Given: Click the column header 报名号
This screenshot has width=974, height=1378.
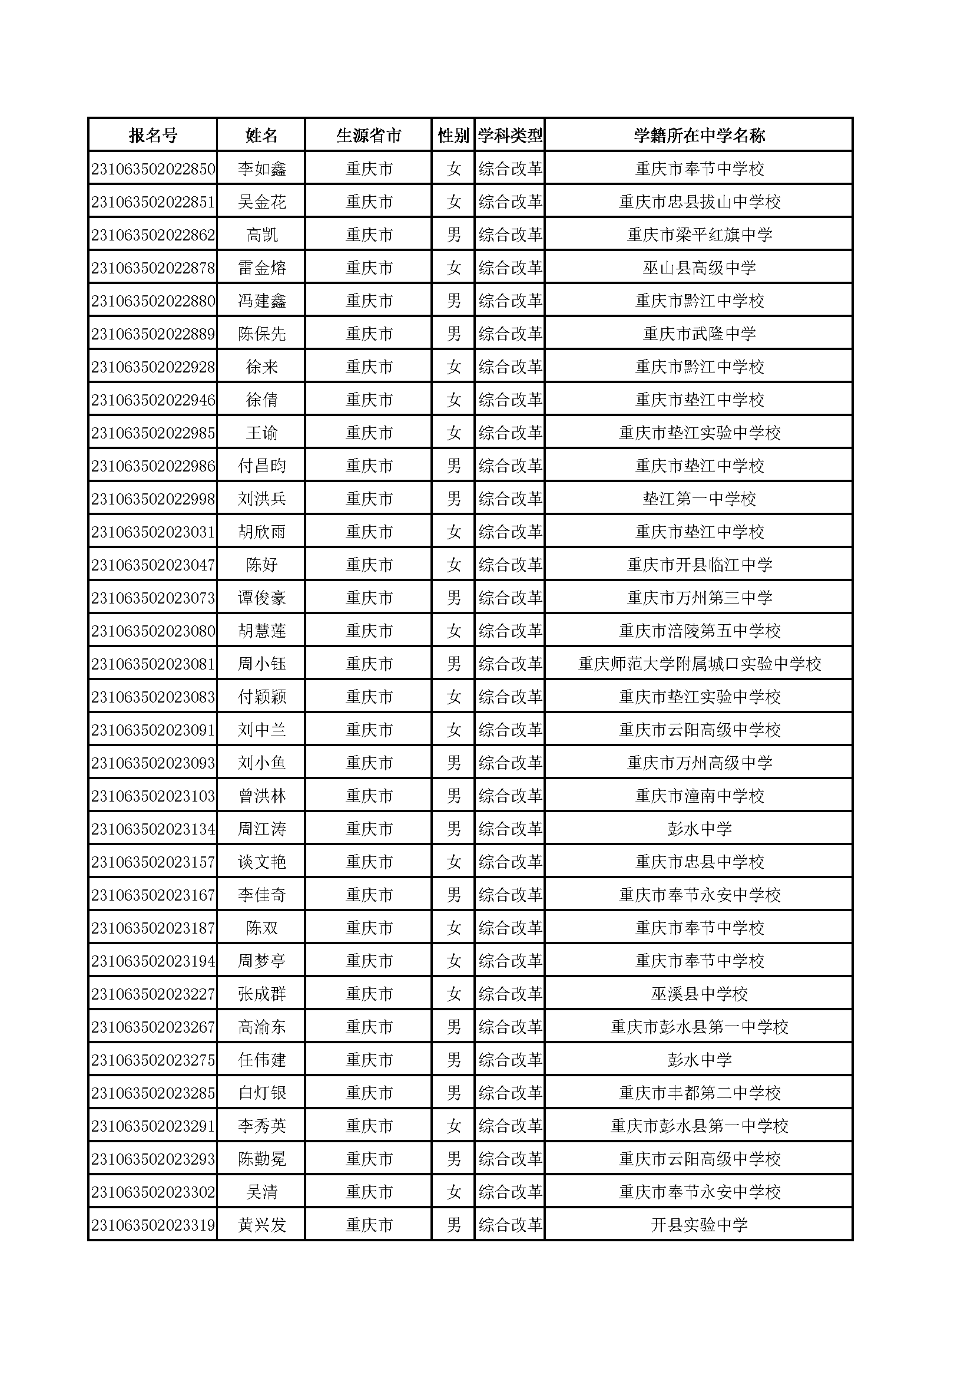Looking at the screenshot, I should click(153, 135).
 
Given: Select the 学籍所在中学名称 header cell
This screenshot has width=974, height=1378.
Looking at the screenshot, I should click(699, 135).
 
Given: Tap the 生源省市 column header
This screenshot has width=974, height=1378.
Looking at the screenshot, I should click(368, 135).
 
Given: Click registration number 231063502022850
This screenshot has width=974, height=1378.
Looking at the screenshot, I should click(153, 169).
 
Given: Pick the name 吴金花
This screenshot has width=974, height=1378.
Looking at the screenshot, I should click(261, 202).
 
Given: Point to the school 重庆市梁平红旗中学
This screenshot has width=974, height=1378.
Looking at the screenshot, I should click(699, 235).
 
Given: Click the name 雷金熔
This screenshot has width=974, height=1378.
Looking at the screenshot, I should click(261, 268).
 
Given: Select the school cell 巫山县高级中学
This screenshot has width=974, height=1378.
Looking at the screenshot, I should click(699, 268).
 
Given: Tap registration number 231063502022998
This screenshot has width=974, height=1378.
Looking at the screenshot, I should click(153, 499).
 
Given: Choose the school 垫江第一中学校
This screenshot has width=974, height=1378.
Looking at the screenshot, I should click(699, 499).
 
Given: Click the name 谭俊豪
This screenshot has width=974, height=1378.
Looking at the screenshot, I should click(261, 598).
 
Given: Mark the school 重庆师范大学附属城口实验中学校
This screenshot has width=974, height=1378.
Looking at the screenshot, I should click(699, 664).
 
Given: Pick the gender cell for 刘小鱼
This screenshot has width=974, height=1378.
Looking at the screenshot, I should click(453, 763).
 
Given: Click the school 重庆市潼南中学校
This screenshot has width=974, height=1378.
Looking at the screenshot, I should click(699, 796).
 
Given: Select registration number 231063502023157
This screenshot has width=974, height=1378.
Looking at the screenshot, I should click(153, 862).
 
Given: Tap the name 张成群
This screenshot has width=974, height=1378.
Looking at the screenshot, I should click(261, 994).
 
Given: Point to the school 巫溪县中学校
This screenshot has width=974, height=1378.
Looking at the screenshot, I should click(699, 994).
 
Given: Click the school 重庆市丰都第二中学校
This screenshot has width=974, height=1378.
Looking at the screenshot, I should click(699, 1093).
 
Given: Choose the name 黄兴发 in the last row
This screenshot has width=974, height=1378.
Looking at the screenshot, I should click(261, 1225).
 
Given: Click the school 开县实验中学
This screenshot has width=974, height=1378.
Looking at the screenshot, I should click(699, 1225).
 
